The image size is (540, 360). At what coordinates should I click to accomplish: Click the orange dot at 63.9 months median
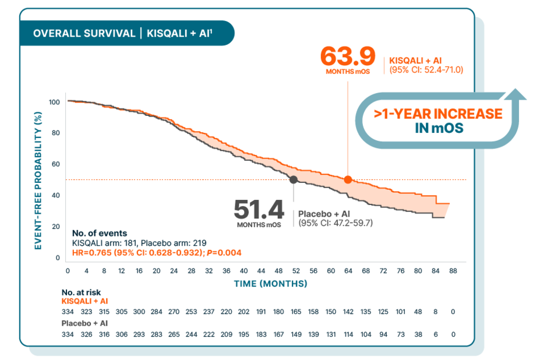pyautogui.click(x=348, y=179)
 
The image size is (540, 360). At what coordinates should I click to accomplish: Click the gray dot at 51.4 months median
pyautogui.click(x=294, y=179)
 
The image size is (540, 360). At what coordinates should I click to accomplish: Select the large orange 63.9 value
pyautogui.click(x=347, y=57)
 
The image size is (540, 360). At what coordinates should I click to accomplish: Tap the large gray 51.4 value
pyautogui.click(x=259, y=209)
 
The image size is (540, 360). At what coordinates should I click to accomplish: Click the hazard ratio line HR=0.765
pyautogui.click(x=156, y=252)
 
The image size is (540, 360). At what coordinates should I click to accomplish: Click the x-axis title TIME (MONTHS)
pyautogui.click(x=271, y=284)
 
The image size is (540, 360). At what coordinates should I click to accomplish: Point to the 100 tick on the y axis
pyautogui.click(x=55, y=102)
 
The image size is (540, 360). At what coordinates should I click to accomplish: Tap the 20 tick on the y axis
pyautogui.click(x=57, y=226)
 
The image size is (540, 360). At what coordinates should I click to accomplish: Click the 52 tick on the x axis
pyautogui.click(x=296, y=271)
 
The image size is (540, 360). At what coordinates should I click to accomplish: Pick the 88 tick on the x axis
pyautogui.click(x=453, y=271)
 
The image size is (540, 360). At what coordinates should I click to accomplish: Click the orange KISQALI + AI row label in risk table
pyautogui.click(x=84, y=301)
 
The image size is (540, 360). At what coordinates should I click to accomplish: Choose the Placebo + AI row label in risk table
pyautogui.click(x=84, y=323)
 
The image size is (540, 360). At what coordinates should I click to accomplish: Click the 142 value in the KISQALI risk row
pyautogui.click(x=348, y=312)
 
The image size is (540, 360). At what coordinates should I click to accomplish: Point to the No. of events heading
pyautogui.click(x=99, y=234)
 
